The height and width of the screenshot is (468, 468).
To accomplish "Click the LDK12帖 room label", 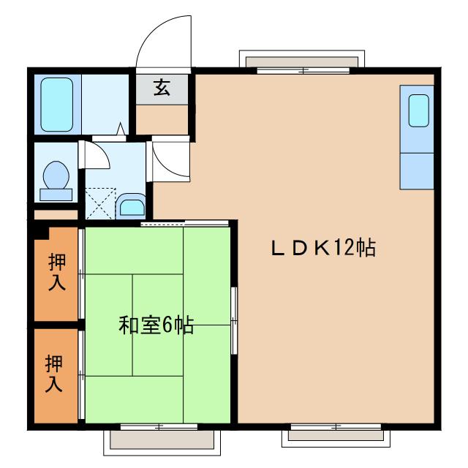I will pyautogui.click(x=323, y=249).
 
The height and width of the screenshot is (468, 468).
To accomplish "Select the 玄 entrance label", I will pyautogui.click(x=162, y=89).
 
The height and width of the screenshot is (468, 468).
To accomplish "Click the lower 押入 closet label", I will pyautogui.click(x=54, y=373).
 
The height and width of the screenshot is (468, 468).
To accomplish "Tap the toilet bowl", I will pyautogui.click(x=56, y=176).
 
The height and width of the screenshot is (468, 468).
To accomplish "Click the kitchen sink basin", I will pyautogui.click(x=418, y=110).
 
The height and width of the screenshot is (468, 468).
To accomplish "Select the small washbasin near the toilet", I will pyautogui.click(x=131, y=205).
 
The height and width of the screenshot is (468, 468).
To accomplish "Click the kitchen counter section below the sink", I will pyautogui.click(x=418, y=170).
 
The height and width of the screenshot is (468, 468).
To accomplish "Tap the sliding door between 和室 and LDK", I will pyautogui.click(x=234, y=322).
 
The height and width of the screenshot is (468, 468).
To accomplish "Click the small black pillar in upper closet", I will pyautogui.click(x=41, y=233).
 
